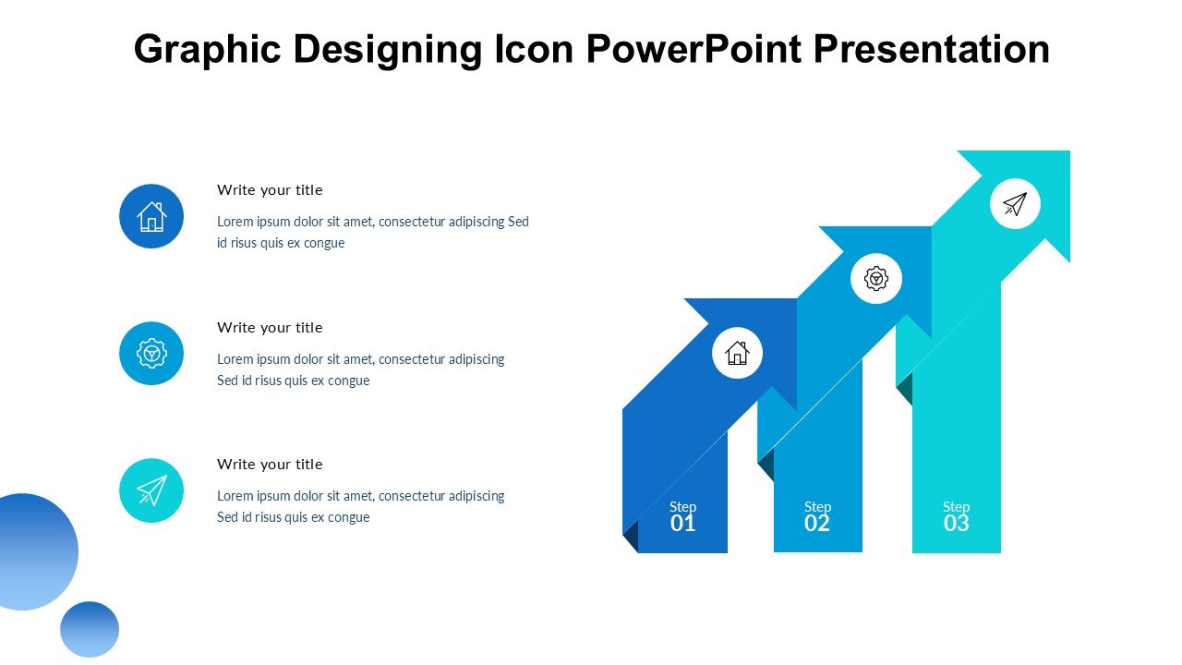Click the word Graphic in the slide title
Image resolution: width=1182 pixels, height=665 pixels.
pos(208,50)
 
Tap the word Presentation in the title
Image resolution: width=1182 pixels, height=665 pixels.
pos(932,49)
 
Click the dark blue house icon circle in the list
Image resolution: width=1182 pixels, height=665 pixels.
pos(151,216)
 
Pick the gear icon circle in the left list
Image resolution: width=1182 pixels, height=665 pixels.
pos(151,353)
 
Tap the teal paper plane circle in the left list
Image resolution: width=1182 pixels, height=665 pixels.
pos(151,490)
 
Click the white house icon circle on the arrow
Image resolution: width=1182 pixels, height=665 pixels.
pos(737,353)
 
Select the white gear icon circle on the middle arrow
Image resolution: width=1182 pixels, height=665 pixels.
pos(876,278)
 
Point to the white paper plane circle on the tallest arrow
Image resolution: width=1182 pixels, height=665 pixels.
pos(1015,204)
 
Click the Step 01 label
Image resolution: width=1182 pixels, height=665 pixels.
pos(682,516)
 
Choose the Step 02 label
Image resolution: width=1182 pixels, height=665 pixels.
pos(817,516)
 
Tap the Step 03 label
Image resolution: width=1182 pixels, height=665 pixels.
pos(956,516)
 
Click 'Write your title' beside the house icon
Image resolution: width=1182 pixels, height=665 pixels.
pos(270,190)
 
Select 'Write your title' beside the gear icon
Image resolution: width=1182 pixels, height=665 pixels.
pos(270,328)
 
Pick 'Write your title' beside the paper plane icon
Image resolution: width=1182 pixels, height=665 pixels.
pos(270,465)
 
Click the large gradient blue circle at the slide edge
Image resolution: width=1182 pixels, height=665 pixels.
pos(37,551)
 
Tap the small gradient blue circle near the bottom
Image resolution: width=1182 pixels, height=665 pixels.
pos(90,629)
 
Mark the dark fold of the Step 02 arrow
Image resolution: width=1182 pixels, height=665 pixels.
pos(766,465)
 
